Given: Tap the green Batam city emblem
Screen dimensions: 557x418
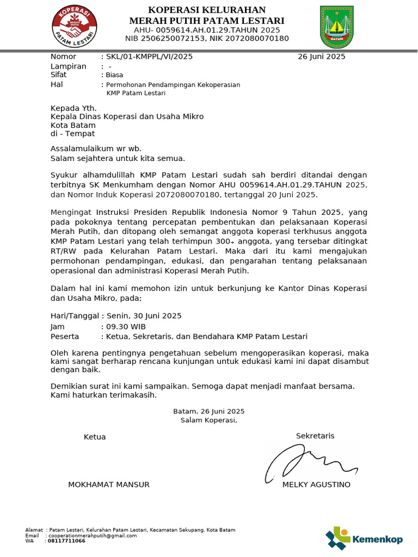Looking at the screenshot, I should coord(337,26).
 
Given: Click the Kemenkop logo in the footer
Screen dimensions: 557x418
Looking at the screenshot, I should coord(364,539).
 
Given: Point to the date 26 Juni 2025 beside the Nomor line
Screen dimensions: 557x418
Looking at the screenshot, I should coord(321,57).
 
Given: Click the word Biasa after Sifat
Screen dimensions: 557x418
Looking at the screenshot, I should coord(115,75).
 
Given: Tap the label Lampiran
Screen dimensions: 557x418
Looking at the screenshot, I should coord(69,66).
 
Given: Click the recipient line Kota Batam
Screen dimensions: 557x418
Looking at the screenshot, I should coord(73,125).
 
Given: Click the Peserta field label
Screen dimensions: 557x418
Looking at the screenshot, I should coord(65,337).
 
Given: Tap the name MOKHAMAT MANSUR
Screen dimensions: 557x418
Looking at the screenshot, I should coord(108,485).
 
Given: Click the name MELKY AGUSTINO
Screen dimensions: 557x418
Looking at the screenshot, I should coord(316,485).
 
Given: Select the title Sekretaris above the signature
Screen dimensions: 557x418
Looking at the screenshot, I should coord(315,436).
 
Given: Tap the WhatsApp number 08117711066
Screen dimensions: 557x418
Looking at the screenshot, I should coord(66,541).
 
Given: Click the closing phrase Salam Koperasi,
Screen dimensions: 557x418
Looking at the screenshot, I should coord(208,420).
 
